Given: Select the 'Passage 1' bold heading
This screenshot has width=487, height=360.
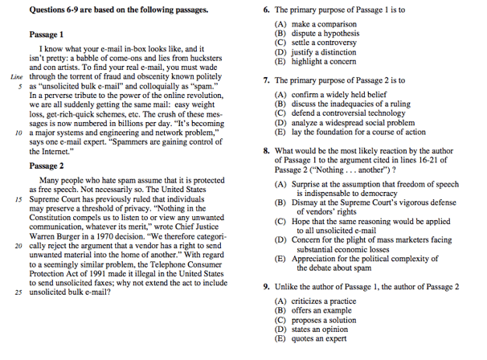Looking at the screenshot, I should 47,35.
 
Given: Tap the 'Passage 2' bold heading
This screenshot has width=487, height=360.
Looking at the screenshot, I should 47,166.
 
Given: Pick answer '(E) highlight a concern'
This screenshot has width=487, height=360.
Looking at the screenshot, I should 320,61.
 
